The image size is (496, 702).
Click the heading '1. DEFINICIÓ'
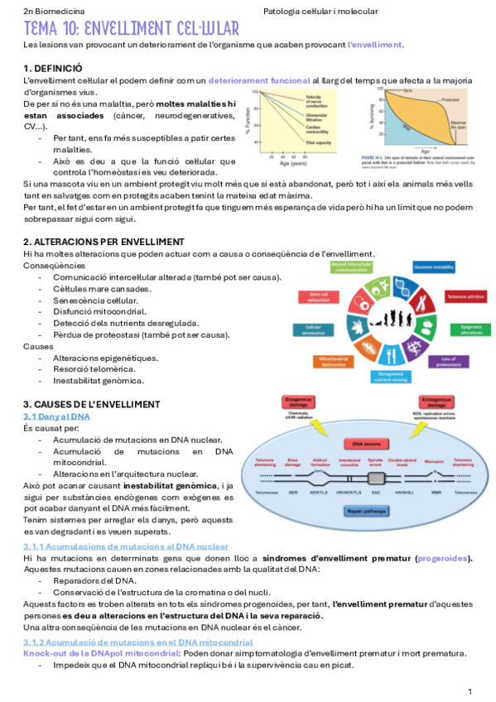pos(52,68)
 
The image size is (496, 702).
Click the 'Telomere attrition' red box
pos(466,296)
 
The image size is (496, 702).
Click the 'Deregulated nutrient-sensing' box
pos(390,376)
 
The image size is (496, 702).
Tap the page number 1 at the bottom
pos(470,690)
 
